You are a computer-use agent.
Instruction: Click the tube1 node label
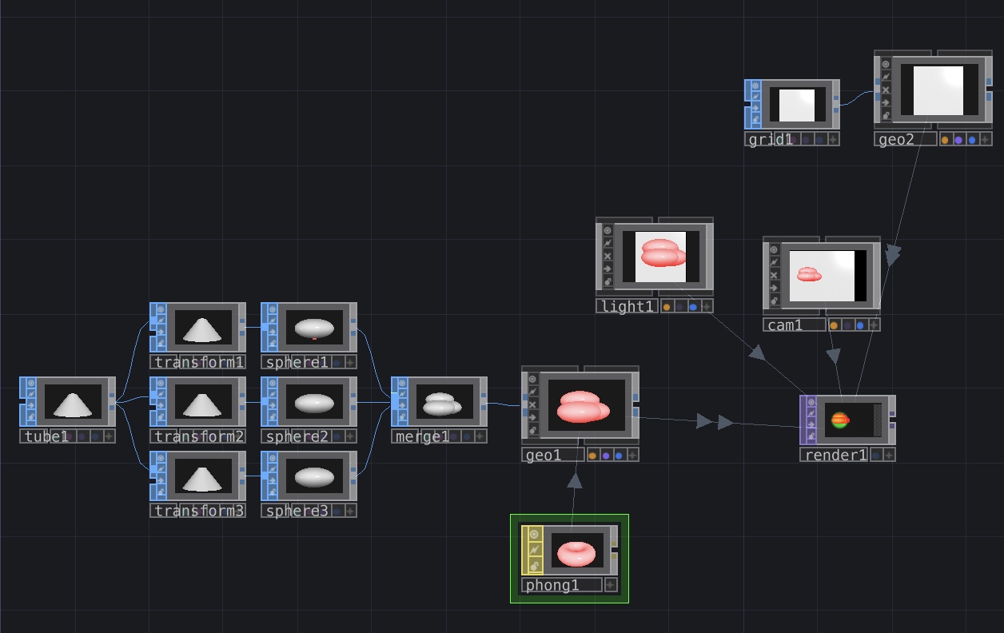(x=46, y=436)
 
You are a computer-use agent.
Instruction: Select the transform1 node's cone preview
(x=202, y=330)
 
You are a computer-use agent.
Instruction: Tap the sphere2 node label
(x=297, y=436)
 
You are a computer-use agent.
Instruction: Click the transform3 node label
(x=199, y=511)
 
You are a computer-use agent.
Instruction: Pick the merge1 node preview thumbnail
(x=444, y=402)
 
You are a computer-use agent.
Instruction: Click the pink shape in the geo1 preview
(x=583, y=407)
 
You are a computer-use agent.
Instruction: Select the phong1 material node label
(x=552, y=585)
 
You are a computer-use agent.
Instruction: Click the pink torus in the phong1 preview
(x=576, y=554)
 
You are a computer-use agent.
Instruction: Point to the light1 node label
(x=627, y=306)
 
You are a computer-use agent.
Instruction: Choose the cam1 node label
(x=785, y=325)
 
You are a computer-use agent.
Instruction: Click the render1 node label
(x=836, y=455)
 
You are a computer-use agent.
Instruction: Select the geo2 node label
(x=896, y=139)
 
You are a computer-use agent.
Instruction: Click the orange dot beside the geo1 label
(x=592, y=456)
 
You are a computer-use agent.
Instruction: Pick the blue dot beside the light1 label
(x=693, y=307)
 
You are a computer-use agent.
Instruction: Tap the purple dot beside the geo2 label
(x=958, y=141)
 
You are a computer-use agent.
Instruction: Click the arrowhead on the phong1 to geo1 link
(x=575, y=480)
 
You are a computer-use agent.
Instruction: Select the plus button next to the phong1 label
(x=611, y=585)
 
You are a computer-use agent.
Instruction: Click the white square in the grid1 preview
(x=797, y=105)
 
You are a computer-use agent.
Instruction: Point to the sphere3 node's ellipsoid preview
(x=314, y=477)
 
